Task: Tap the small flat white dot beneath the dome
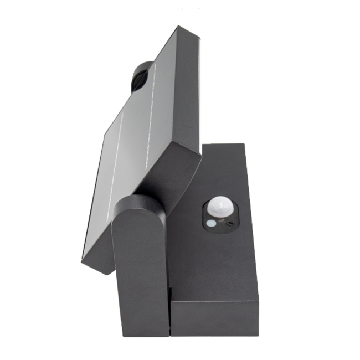coord(210,223)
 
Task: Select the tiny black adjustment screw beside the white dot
coord(229,223)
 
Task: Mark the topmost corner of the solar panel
coord(178,26)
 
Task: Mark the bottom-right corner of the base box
coord(258,335)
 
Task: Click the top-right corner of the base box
coord(244,145)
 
